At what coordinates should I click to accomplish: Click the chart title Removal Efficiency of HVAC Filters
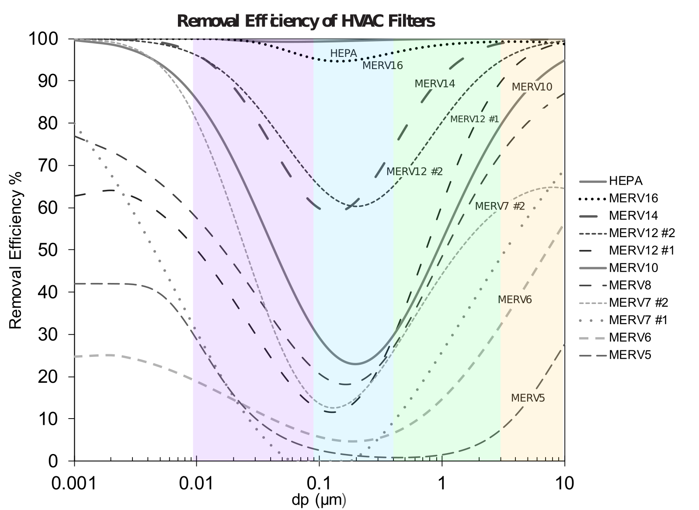(x=306, y=21)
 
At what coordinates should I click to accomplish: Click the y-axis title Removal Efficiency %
(x=16, y=250)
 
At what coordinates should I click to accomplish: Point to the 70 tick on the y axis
(x=49, y=165)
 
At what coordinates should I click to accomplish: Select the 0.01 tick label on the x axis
(x=196, y=484)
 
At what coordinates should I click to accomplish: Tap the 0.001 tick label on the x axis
(x=74, y=484)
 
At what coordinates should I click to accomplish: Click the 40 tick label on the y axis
(x=49, y=292)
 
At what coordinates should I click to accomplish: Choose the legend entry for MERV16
(x=633, y=198)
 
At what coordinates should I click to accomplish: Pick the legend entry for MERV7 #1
(x=638, y=320)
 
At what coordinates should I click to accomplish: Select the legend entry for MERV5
(x=629, y=355)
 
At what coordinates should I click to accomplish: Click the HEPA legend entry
(x=625, y=181)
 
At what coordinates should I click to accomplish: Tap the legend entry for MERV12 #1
(x=641, y=250)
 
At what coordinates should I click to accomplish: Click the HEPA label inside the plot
(x=343, y=53)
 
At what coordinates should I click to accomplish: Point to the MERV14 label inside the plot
(x=435, y=84)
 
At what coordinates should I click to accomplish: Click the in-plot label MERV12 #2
(x=414, y=171)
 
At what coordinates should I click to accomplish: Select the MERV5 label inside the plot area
(x=528, y=398)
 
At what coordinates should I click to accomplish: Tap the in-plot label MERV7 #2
(x=499, y=206)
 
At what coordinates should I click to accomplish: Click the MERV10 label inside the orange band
(x=532, y=87)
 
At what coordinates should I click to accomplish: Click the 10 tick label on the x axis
(x=564, y=484)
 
